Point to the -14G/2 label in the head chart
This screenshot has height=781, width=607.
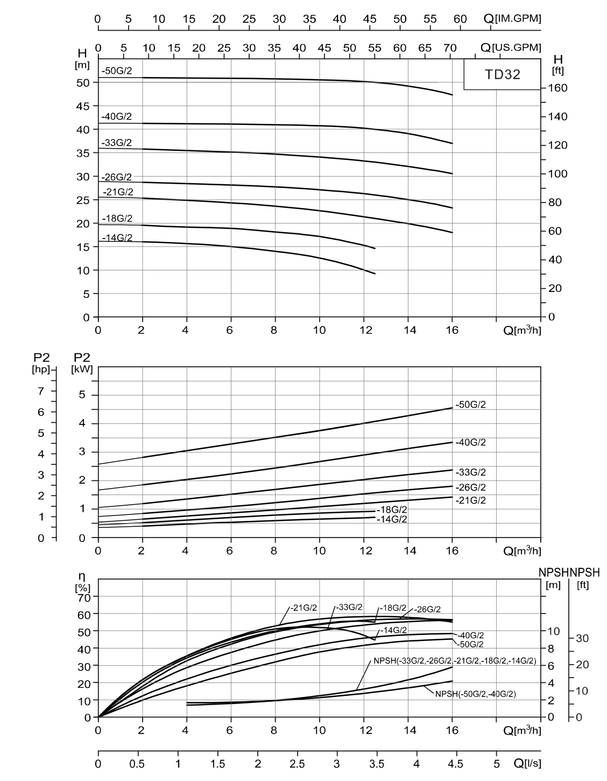(x=117, y=238)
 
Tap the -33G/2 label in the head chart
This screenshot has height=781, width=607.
(x=116, y=143)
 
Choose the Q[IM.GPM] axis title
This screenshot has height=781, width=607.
(x=512, y=18)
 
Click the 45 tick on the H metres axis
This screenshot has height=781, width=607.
(x=83, y=106)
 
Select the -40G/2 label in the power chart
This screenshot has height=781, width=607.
(x=470, y=442)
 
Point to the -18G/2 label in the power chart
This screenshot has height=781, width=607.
(x=392, y=510)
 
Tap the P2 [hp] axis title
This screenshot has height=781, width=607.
(x=40, y=364)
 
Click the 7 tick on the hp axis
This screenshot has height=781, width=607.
(x=40, y=391)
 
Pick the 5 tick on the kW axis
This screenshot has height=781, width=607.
(x=82, y=395)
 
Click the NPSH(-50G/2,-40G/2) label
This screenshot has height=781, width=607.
(x=475, y=694)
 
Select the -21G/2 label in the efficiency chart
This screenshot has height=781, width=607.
(x=306, y=608)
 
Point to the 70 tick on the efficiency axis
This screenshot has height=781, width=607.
(x=83, y=597)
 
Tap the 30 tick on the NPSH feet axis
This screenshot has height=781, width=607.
(x=582, y=638)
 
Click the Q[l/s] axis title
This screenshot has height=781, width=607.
(x=527, y=763)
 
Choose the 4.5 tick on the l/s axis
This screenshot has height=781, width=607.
(x=456, y=763)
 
